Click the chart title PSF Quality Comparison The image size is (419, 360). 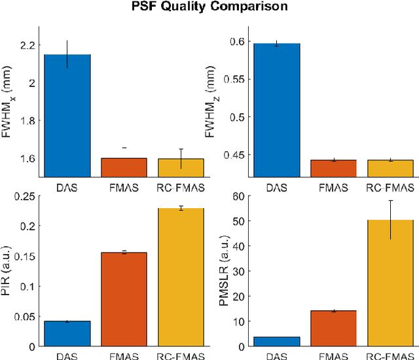click(x=209, y=9)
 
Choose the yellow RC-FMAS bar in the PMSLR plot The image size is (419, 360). click(x=390, y=283)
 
